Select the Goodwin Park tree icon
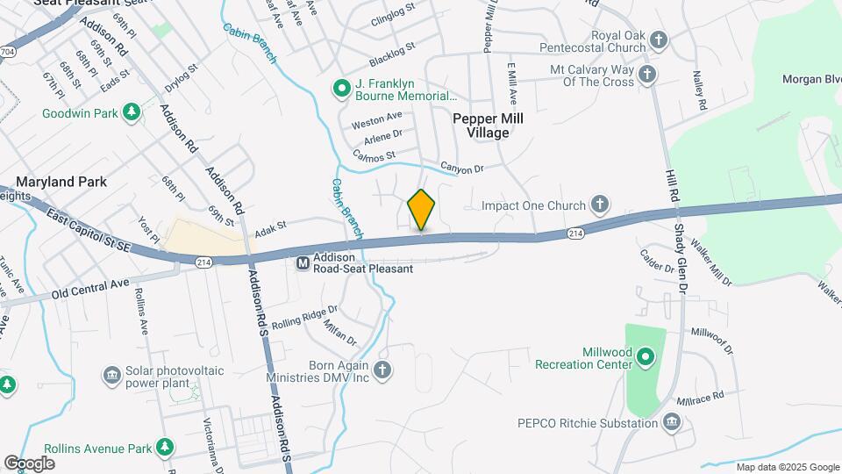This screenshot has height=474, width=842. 131,111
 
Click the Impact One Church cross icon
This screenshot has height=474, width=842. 599,205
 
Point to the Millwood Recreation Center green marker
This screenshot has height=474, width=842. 646,356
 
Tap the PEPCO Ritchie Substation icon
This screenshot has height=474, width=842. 672,423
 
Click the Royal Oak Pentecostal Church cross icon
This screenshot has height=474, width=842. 659,39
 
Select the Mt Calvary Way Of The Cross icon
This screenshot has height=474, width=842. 647,75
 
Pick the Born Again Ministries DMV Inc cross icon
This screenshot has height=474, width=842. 382,370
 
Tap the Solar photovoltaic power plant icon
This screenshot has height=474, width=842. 111,376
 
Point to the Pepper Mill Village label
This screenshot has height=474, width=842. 482,126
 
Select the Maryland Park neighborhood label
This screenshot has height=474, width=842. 61,182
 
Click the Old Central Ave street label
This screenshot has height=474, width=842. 90,290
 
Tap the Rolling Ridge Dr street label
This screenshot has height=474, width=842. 304,317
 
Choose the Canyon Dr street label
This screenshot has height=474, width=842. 462,169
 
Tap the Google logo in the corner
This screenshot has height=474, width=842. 30,463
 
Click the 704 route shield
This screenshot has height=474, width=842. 8,52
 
